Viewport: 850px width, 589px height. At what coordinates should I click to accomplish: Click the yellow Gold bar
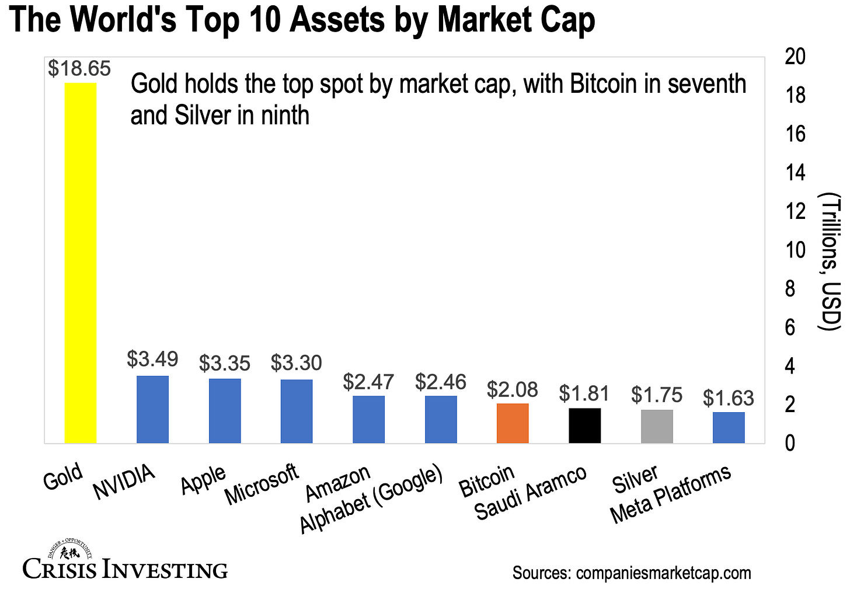(81, 263)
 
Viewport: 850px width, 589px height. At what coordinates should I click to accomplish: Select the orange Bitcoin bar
(513, 423)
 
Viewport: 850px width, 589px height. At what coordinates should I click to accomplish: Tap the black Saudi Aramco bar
(584, 426)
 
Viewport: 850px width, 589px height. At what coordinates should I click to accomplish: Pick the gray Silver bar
(657, 427)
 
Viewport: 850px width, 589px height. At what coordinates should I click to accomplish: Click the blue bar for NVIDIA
(152, 409)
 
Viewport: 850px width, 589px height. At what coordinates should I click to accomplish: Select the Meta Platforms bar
(729, 428)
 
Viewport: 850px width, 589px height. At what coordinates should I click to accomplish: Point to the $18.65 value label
(79, 69)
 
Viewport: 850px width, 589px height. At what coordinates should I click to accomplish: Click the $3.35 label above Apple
(225, 364)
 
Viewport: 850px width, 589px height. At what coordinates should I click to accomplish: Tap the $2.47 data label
(368, 382)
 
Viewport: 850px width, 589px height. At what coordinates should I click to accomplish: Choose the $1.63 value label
(729, 399)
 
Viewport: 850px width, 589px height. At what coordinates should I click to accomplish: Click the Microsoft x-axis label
(262, 485)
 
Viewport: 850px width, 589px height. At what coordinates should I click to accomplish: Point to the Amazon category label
(339, 483)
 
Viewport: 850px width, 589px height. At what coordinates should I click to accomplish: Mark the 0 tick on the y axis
(789, 444)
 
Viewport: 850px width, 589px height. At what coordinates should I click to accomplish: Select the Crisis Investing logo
(125, 561)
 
